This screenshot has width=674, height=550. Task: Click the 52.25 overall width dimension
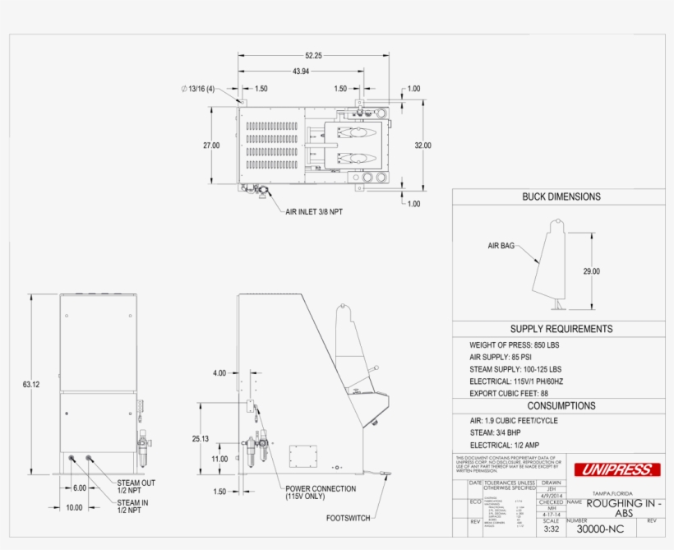[x=313, y=56]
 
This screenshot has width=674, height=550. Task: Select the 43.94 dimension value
[x=301, y=72]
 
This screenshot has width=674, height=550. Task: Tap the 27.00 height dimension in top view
[x=211, y=146]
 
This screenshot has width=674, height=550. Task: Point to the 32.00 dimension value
[x=422, y=146]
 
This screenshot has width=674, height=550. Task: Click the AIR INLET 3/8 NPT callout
[x=316, y=211]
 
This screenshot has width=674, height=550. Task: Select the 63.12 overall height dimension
[x=31, y=384]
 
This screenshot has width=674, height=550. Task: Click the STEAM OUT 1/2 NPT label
[x=136, y=487]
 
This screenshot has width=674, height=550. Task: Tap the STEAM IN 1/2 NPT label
[x=133, y=506]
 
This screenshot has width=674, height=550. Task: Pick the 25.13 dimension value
[x=201, y=439]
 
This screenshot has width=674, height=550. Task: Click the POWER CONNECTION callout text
[x=321, y=492]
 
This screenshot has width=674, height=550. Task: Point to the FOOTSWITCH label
[x=349, y=519]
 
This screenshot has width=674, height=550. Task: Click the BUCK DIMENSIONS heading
[x=561, y=196]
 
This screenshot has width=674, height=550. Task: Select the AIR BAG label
[x=501, y=245]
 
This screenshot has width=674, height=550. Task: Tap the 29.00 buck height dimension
[x=591, y=271]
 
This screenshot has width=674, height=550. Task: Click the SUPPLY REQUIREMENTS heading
[x=561, y=329]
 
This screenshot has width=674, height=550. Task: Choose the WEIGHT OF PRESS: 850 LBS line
[x=514, y=345]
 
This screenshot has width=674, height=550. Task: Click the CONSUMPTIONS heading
[x=561, y=405]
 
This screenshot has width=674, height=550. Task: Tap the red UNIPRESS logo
[x=616, y=470]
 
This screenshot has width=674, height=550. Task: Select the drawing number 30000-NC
[x=600, y=529]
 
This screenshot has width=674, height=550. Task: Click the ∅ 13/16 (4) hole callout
[x=197, y=89]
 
